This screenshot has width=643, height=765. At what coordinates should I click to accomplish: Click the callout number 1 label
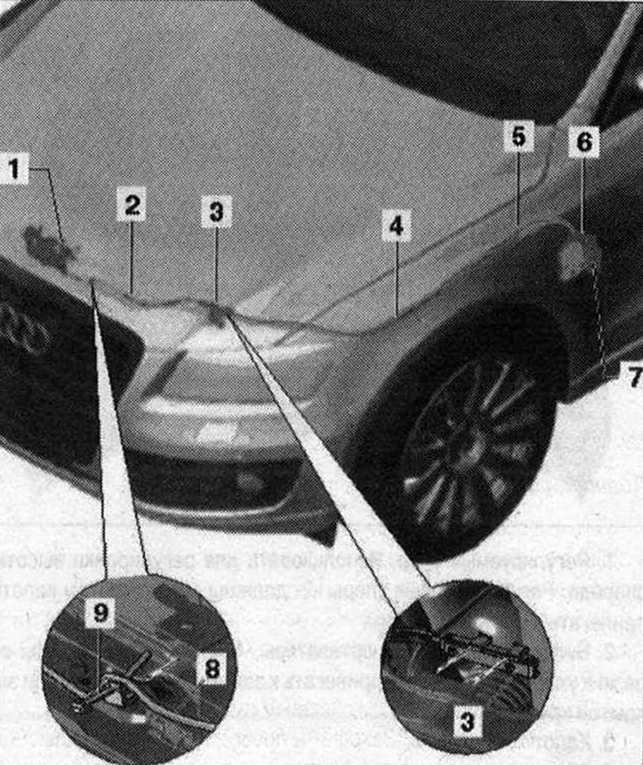click(x=15, y=167)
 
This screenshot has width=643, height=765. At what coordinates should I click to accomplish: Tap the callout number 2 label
click(x=130, y=205)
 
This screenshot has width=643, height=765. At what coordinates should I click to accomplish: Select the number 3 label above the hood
click(x=216, y=212)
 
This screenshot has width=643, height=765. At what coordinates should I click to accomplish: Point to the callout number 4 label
click(x=397, y=226)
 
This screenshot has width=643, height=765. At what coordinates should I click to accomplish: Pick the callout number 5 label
click(x=518, y=137)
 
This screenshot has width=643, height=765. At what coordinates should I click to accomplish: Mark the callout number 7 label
click(x=633, y=378)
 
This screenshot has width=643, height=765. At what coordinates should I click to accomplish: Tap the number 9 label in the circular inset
click(x=101, y=614)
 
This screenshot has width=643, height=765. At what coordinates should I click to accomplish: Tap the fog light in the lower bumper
click(x=249, y=483)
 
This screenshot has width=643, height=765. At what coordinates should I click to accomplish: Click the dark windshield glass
click(x=464, y=45)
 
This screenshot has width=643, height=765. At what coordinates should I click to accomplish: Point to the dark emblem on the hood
click(x=50, y=245)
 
